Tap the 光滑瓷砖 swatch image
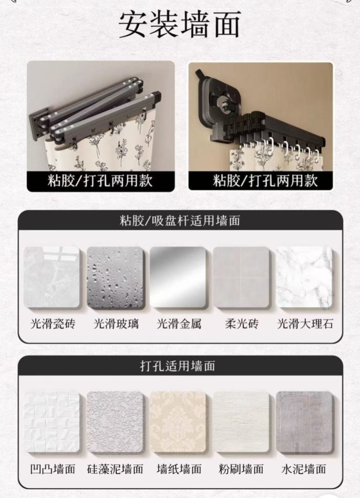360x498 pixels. [52, 277]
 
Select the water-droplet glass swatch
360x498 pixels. [115, 277]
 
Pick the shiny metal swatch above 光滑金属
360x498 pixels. [178, 277]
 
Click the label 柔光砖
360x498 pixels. [241, 324]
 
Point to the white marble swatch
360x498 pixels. [304, 277]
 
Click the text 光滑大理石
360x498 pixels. [305, 324]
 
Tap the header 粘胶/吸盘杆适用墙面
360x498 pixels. [180, 220]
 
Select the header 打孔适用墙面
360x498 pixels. [178, 366]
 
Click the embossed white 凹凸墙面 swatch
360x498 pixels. [52, 422]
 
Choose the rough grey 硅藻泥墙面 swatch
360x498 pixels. [115, 422]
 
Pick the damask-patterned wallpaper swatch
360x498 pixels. [178, 422]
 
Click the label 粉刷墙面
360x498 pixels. [241, 469]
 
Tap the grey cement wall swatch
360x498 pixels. [304, 422]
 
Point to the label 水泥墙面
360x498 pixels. [304, 469]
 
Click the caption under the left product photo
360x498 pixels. [100, 181]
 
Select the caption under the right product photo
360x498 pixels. [265, 180]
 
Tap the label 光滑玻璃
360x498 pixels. [116, 324]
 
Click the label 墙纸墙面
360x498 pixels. [179, 469]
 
